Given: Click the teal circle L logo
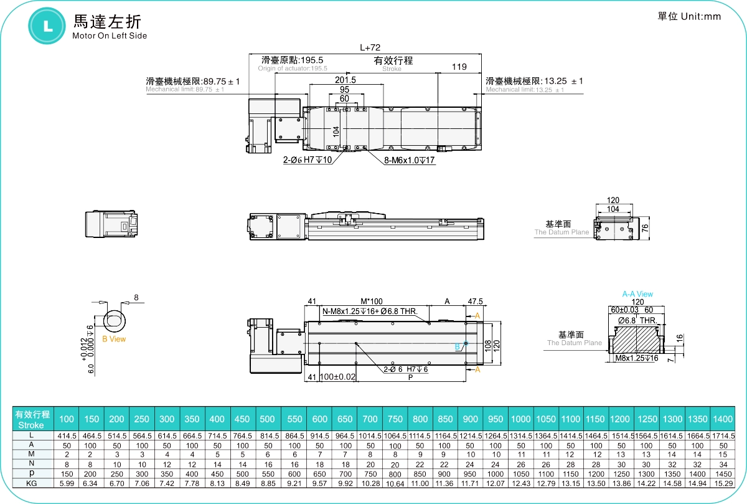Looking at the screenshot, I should tap(47, 25).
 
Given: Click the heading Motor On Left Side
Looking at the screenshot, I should tap(110, 36).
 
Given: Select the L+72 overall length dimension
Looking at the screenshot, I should tap(370, 47).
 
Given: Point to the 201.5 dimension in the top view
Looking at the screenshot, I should tap(345, 80).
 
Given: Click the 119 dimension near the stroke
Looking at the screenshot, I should tap(459, 67).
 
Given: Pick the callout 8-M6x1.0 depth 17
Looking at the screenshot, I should tap(408, 160).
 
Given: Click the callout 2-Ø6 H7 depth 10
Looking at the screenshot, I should tap(308, 160).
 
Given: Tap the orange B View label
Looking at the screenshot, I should tap(114, 339).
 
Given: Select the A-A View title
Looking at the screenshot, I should tap(637, 294).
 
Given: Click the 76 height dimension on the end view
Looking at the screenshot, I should tap(645, 228).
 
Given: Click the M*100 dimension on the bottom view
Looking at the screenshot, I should tap(372, 301).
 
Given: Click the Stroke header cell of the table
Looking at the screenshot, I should tap(32, 419).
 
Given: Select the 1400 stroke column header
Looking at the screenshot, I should tap(723, 419).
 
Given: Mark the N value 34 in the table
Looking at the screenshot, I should tap(723, 464).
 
